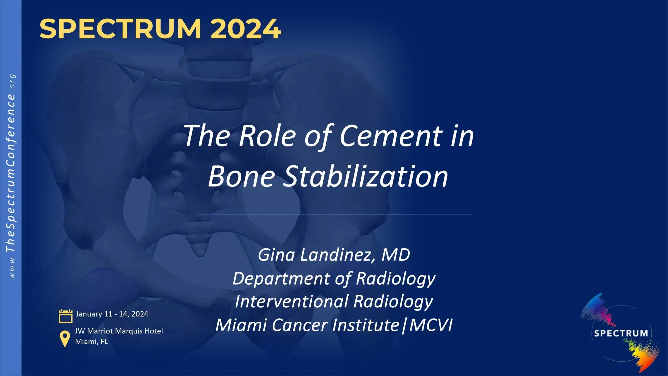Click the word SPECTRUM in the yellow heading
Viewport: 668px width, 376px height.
tap(120, 29)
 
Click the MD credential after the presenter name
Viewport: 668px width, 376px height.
tap(396, 255)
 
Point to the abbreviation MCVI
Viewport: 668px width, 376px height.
tap(431, 325)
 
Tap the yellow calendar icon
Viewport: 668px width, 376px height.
tap(65, 316)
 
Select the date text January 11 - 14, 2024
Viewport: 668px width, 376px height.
tap(112, 314)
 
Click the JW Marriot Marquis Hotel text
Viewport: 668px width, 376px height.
tap(119, 331)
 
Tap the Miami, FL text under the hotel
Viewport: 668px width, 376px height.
tap(91, 342)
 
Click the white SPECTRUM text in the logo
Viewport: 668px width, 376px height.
tap(621, 333)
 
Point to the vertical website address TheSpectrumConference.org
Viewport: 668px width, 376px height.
tap(11, 176)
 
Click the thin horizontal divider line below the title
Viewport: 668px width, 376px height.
tap(334, 215)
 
